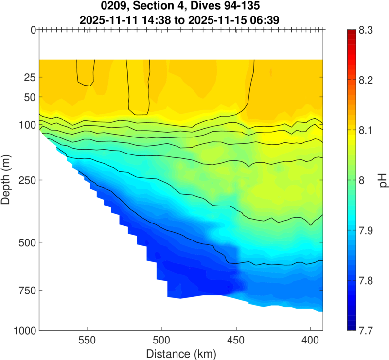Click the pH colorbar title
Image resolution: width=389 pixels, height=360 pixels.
(x=383, y=180)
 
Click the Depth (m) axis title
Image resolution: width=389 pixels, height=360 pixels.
(x=7, y=180)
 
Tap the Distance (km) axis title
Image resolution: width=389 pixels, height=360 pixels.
(x=180, y=352)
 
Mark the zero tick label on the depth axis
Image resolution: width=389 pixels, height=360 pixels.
(x=33, y=30)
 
